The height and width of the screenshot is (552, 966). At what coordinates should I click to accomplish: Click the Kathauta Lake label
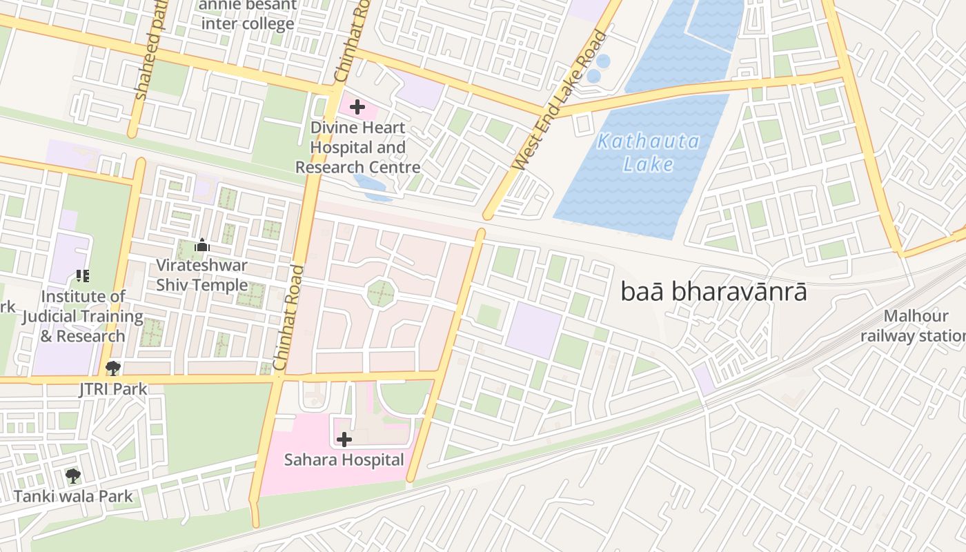click(648, 152)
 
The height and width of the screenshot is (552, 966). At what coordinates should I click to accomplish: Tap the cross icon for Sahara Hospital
click(344, 439)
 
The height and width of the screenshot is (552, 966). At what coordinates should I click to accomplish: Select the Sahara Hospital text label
click(344, 460)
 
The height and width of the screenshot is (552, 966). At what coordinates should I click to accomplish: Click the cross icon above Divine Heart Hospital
click(357, 107)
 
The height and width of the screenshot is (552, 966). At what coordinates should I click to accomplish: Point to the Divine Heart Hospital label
click(357, 148)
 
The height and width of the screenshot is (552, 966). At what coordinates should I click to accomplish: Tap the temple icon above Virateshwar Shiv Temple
click(202, 246)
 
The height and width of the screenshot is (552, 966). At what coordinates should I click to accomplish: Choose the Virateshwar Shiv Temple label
click(201, 275)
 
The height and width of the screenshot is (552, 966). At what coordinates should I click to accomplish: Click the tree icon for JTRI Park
click(113, 368)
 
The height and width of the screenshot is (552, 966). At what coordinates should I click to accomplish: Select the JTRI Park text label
click(113, 388)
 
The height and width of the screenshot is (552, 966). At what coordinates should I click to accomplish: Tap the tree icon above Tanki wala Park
click(72, 476)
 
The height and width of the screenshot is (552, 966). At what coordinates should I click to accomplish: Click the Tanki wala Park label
click(73, 495)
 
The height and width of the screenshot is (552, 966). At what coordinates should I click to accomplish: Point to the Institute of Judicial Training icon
click(83, 277)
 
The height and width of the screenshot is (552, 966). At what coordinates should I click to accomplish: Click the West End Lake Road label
click(560, 100)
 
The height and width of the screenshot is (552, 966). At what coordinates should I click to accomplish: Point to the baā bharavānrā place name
click(713, 291)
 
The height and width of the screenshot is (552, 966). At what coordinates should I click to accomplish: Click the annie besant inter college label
click(247, 15)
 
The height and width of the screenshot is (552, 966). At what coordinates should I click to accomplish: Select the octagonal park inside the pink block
click(380, 293)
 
